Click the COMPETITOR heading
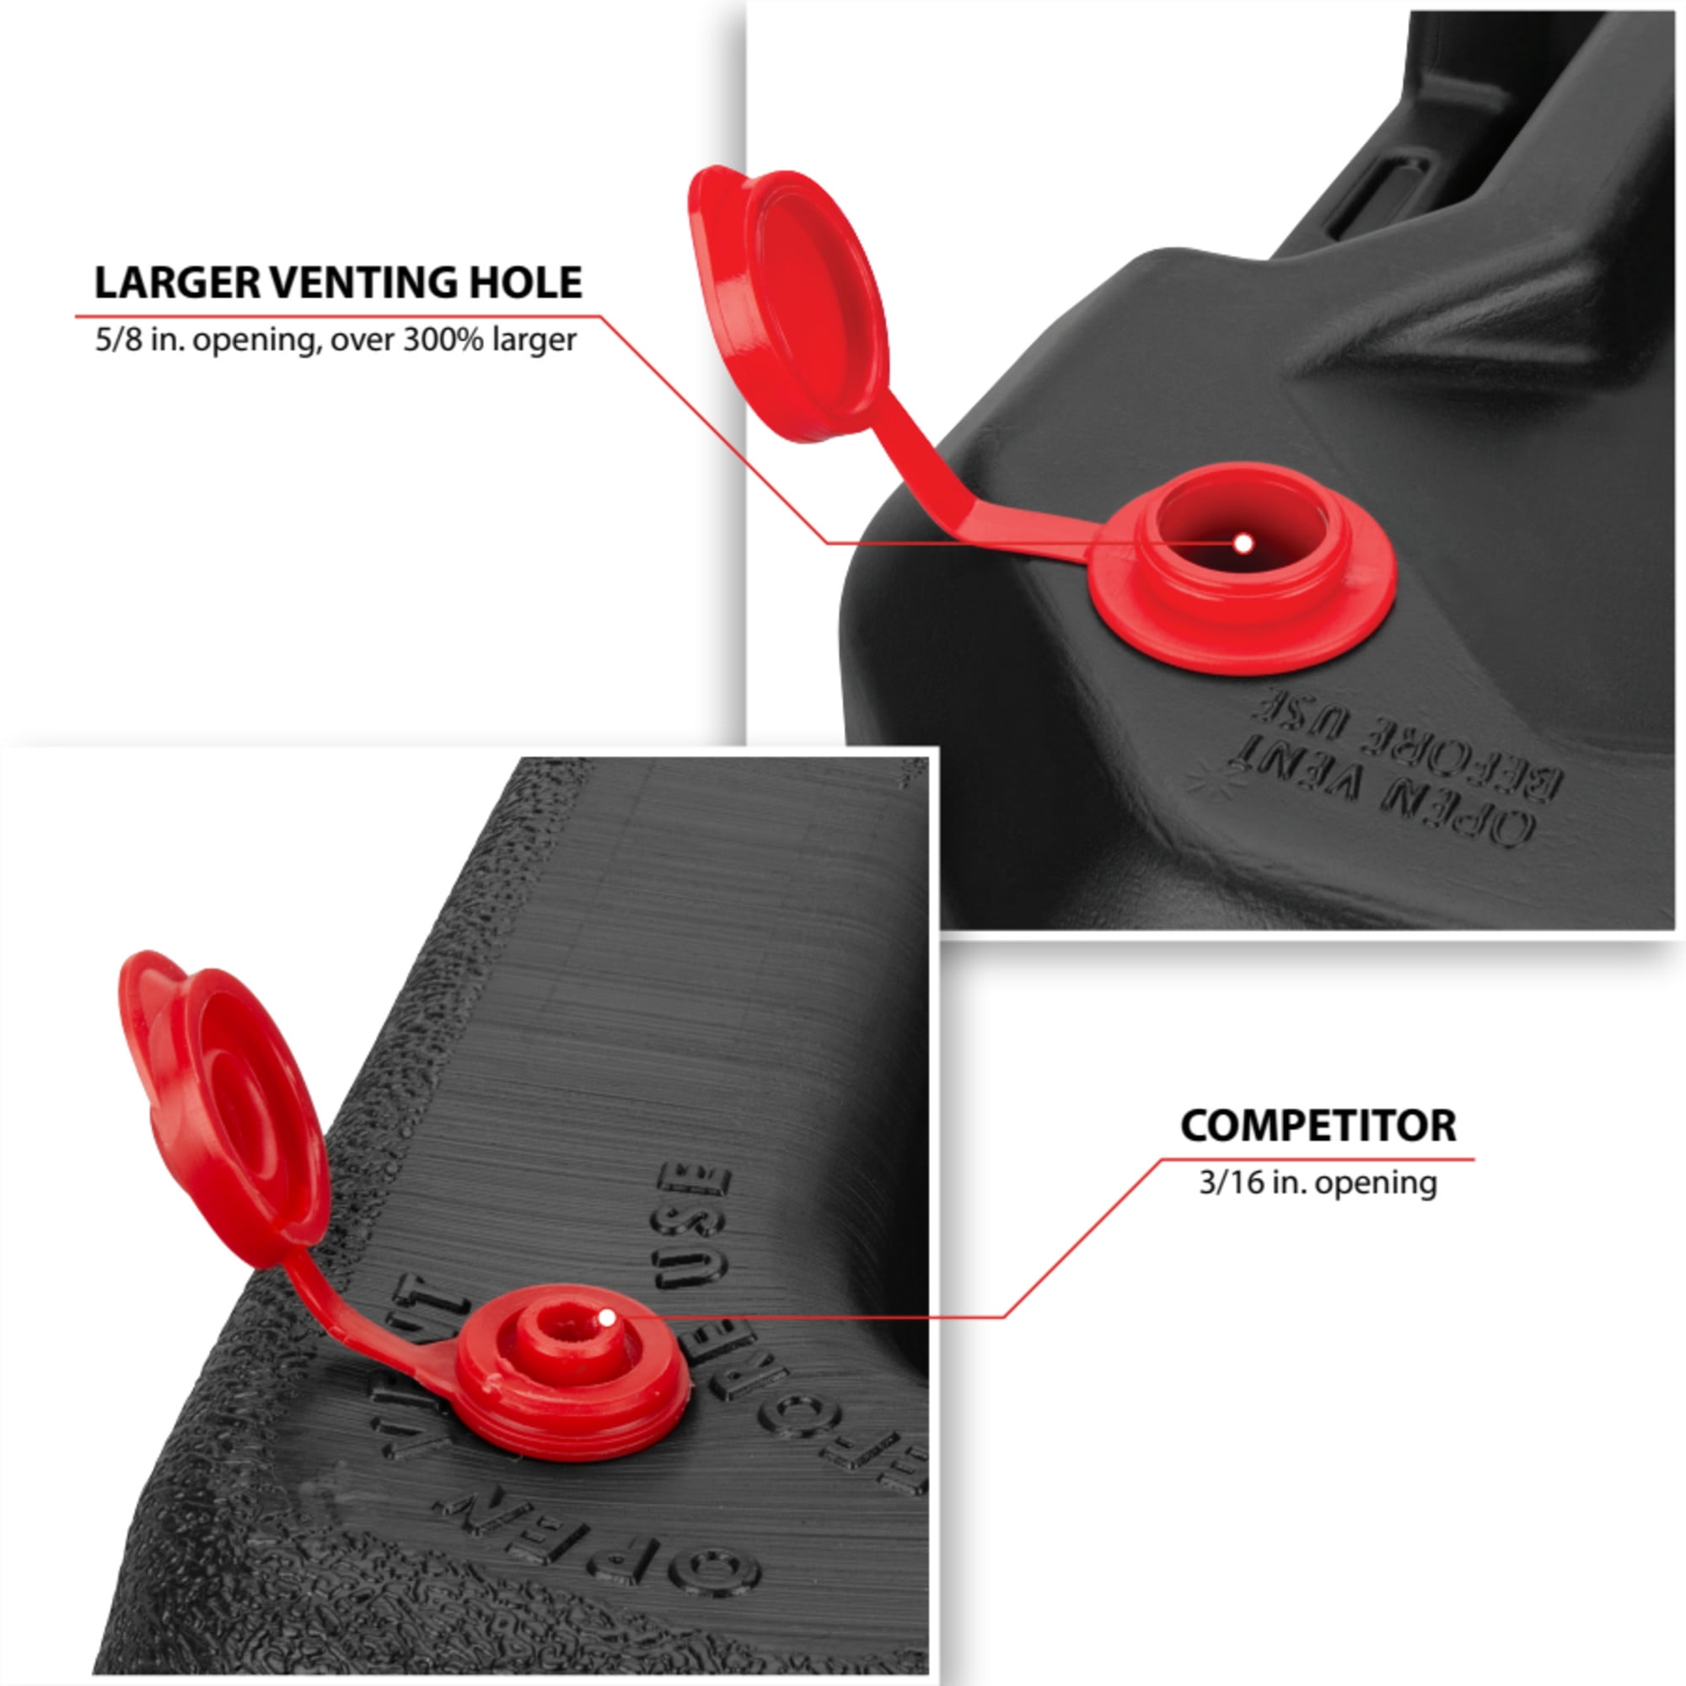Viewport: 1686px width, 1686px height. (1318, 1125)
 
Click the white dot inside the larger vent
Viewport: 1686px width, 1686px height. (1243, 544)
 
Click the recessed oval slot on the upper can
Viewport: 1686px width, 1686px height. (1379, 194)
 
